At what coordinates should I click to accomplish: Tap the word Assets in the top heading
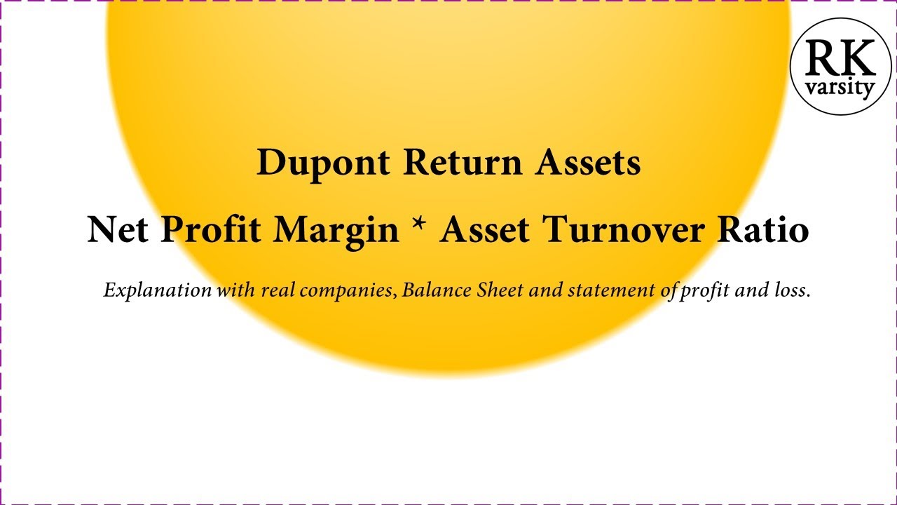(588, 163)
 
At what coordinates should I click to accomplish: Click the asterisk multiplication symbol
(420, 226)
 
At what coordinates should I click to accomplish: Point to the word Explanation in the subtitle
(158, 290)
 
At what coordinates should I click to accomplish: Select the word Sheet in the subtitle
(499, 290)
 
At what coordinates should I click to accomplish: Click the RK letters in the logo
(841, 59)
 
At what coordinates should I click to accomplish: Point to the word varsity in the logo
(841, 88)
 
